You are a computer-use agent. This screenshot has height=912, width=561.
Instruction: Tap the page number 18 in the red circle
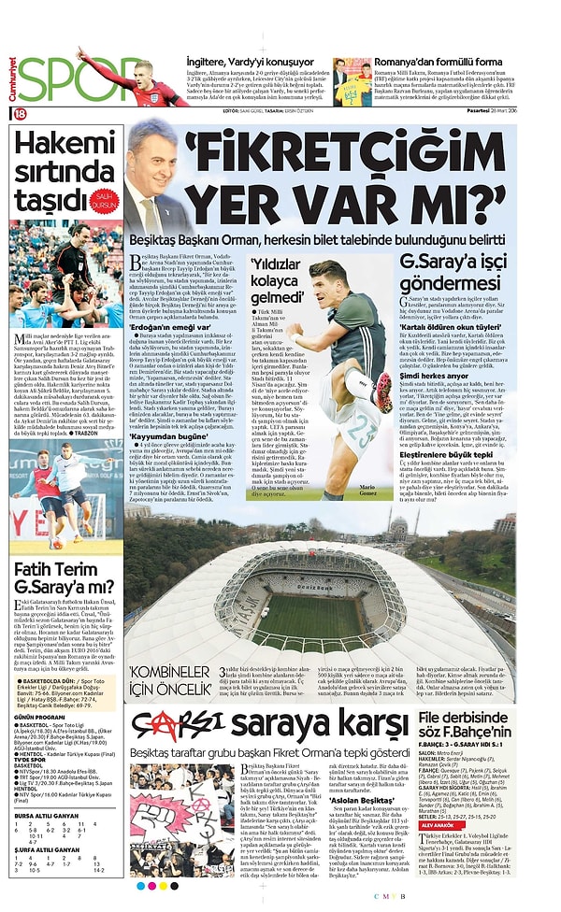coord(19,113)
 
